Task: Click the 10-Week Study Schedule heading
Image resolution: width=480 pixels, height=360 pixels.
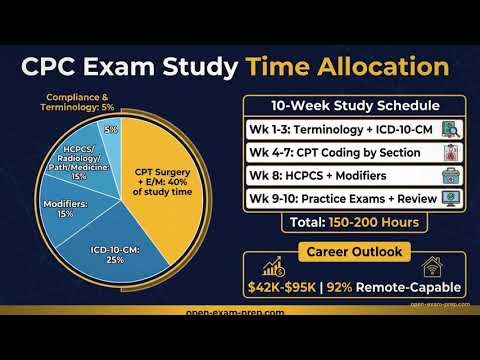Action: [x=355, y=105]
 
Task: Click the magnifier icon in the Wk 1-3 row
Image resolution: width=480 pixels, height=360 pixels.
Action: [x=451, y=129]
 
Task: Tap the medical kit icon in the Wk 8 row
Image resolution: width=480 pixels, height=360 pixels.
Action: [x=451, y=177]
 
